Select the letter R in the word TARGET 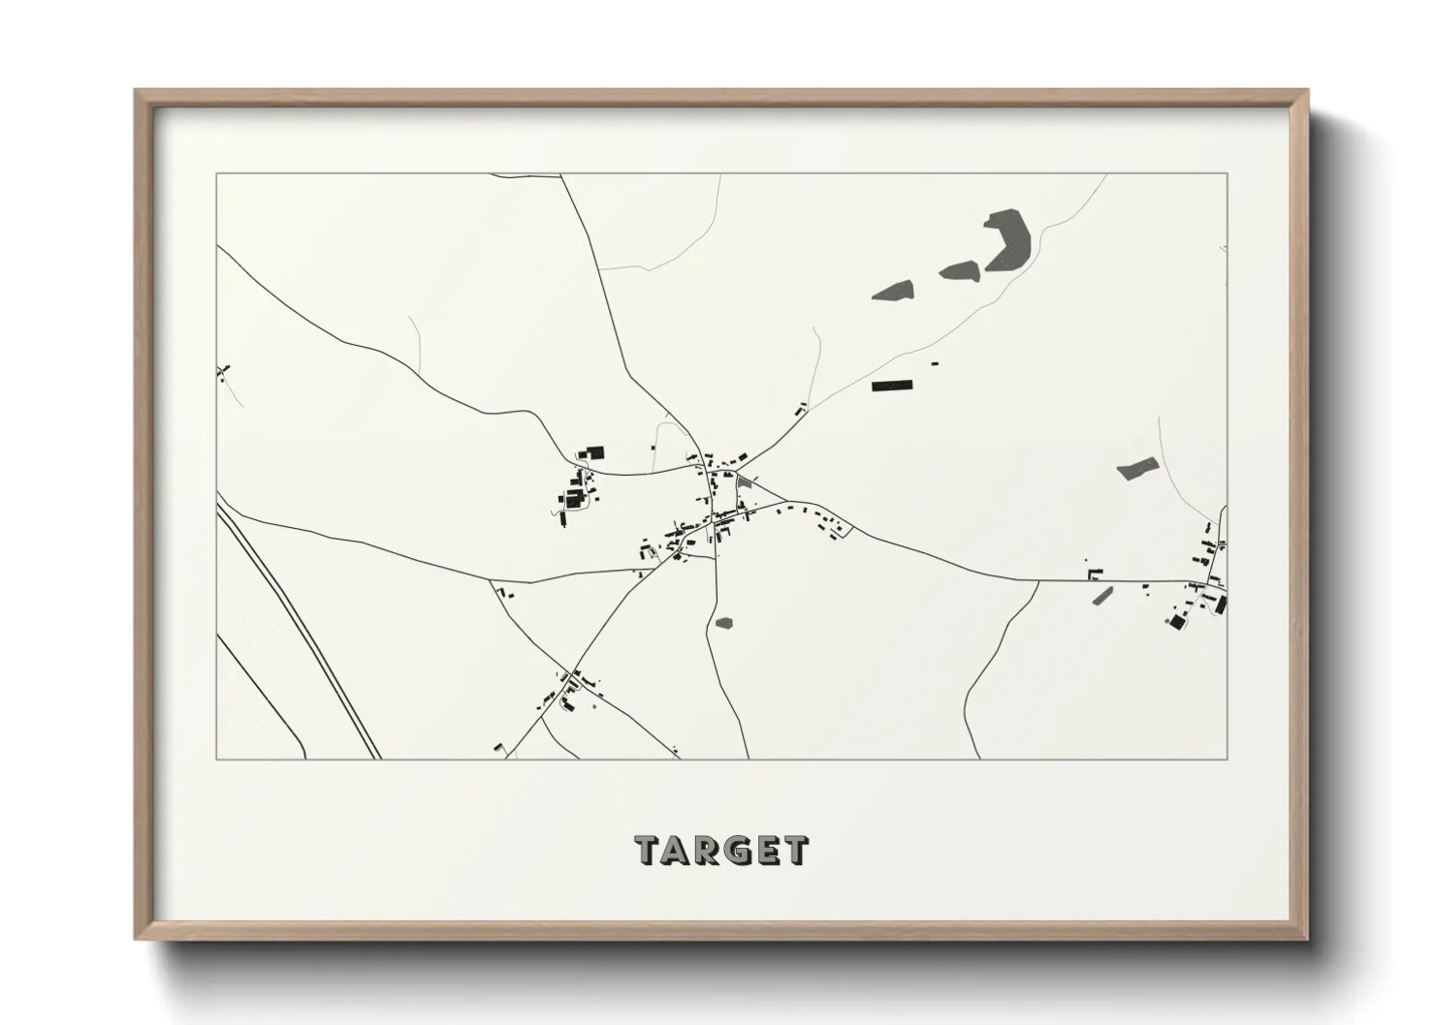pos(711,851)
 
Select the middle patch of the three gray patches pos(959,270)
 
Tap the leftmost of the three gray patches pos(893,290)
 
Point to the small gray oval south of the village pos(723,623)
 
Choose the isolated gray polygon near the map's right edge pos(1137,468)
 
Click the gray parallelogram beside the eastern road pos(1101,595)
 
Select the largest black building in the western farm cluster pos(594,452)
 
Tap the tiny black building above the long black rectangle pos(935,363)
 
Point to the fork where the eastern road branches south pos(1037,581)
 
